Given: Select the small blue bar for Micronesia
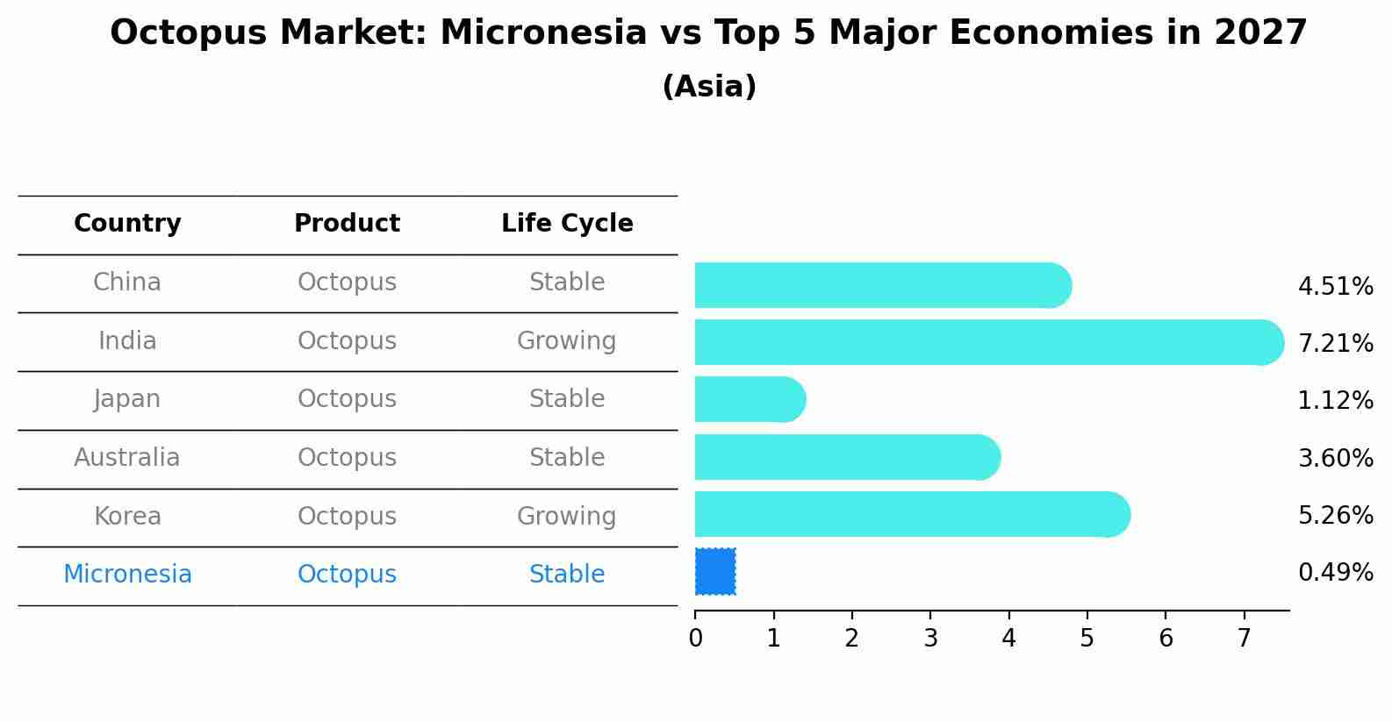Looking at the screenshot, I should tap(715, 572).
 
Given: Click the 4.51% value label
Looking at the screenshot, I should tap(1335, 287).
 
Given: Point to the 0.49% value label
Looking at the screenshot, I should tap(1335, 573).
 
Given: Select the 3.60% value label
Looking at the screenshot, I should tap(1335, 458).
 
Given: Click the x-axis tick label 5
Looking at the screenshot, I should tap(1087, 639).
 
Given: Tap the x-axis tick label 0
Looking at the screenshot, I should tap(695, 639).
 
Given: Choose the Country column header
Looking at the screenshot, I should tap(127, 224).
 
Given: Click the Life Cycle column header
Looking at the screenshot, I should tap(567, 224).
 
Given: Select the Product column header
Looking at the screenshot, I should tap(347, 224).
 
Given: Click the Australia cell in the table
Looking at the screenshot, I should tap(127, 458).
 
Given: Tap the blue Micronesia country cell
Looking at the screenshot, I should tap(127, 575).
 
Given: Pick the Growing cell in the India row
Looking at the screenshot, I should tap(567, 341).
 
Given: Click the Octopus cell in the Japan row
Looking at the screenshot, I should tap(347, 399).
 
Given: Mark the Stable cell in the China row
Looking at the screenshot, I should tap(567, 282).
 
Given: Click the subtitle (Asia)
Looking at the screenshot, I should tap(709, 87).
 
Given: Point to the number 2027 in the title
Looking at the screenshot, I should tap(1260, 33).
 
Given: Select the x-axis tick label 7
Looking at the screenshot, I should tap(1244, 639).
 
